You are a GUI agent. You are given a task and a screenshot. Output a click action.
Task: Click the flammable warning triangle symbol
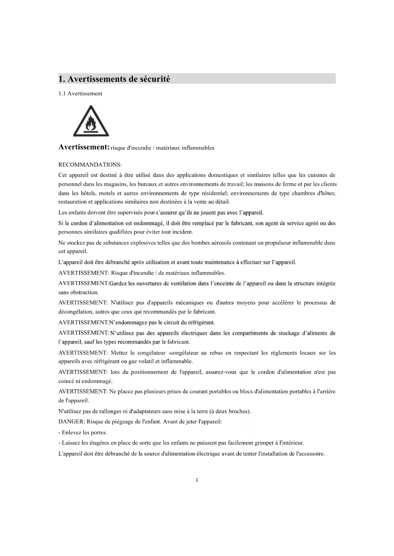point(91,121)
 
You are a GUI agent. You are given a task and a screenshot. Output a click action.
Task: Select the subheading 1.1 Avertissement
point(80,94)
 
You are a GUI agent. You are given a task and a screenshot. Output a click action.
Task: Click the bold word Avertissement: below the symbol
point(84,147)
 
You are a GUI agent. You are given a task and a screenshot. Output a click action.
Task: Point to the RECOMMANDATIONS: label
point(90,165)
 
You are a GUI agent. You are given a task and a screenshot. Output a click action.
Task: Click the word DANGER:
point(72,422)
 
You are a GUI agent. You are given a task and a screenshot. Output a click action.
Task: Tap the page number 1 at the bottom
point(197,480)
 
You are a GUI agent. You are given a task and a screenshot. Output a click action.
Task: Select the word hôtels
point(89,193)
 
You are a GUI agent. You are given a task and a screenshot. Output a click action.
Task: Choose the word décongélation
point(75,312)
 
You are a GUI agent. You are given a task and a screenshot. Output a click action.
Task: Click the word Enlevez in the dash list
point(71,432)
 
